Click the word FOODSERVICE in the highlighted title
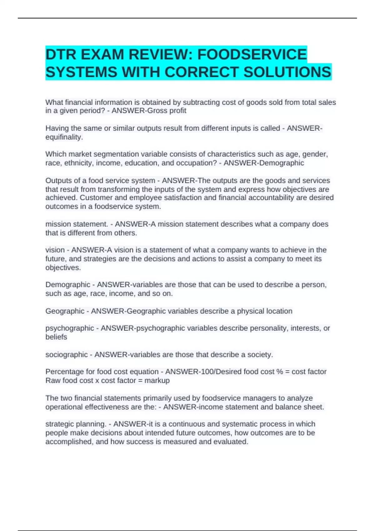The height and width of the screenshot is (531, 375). click(252, 54)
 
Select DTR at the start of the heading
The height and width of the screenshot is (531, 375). click(61, 54)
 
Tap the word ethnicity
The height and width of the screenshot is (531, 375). click(78, 163)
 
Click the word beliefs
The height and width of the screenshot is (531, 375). click(56, 337)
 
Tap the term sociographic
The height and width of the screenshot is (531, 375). click(67, 355)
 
